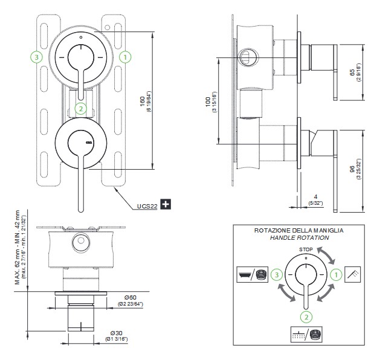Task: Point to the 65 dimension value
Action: click(x=352, y=72)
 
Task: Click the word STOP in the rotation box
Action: click(x=306, y=249)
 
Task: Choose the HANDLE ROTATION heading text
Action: click(x=300, y=238)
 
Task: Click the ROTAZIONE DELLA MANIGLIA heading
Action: click(x=300, y=231)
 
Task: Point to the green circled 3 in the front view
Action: click(x=37, y=57)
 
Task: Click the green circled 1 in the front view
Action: click(x=125, y=57)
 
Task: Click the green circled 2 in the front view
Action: click(x=82, y=109)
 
